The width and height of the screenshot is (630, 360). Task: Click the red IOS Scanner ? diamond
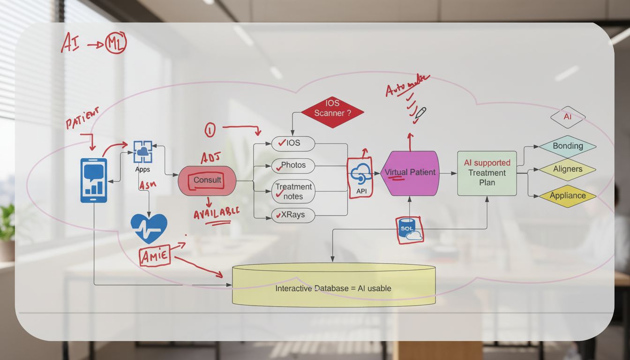click(x=332, y=113)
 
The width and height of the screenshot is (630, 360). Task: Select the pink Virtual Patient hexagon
click(x=410, y=173)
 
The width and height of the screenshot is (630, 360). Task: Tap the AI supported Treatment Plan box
click(x=487, y=173)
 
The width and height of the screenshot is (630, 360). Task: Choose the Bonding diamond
click(x=567, y=146)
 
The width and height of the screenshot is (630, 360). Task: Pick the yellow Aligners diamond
click(x=567, y=169)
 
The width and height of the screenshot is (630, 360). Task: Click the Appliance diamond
click(x=567, y=195)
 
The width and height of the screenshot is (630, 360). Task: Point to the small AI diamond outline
click(x=567, y=117)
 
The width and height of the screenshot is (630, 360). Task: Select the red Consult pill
click(x=207, y=180)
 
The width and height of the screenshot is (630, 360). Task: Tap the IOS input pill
click(x=293, y=143)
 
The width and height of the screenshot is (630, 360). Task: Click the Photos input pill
click(x=293, y=165)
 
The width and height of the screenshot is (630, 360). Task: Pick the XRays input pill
click(x=293, y=215)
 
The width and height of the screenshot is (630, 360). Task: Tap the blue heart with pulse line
click(x=149, y=228)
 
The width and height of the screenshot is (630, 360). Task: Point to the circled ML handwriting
click(x=115, y=45)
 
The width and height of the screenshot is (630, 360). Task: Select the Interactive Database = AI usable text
click(x=333, y=288)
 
